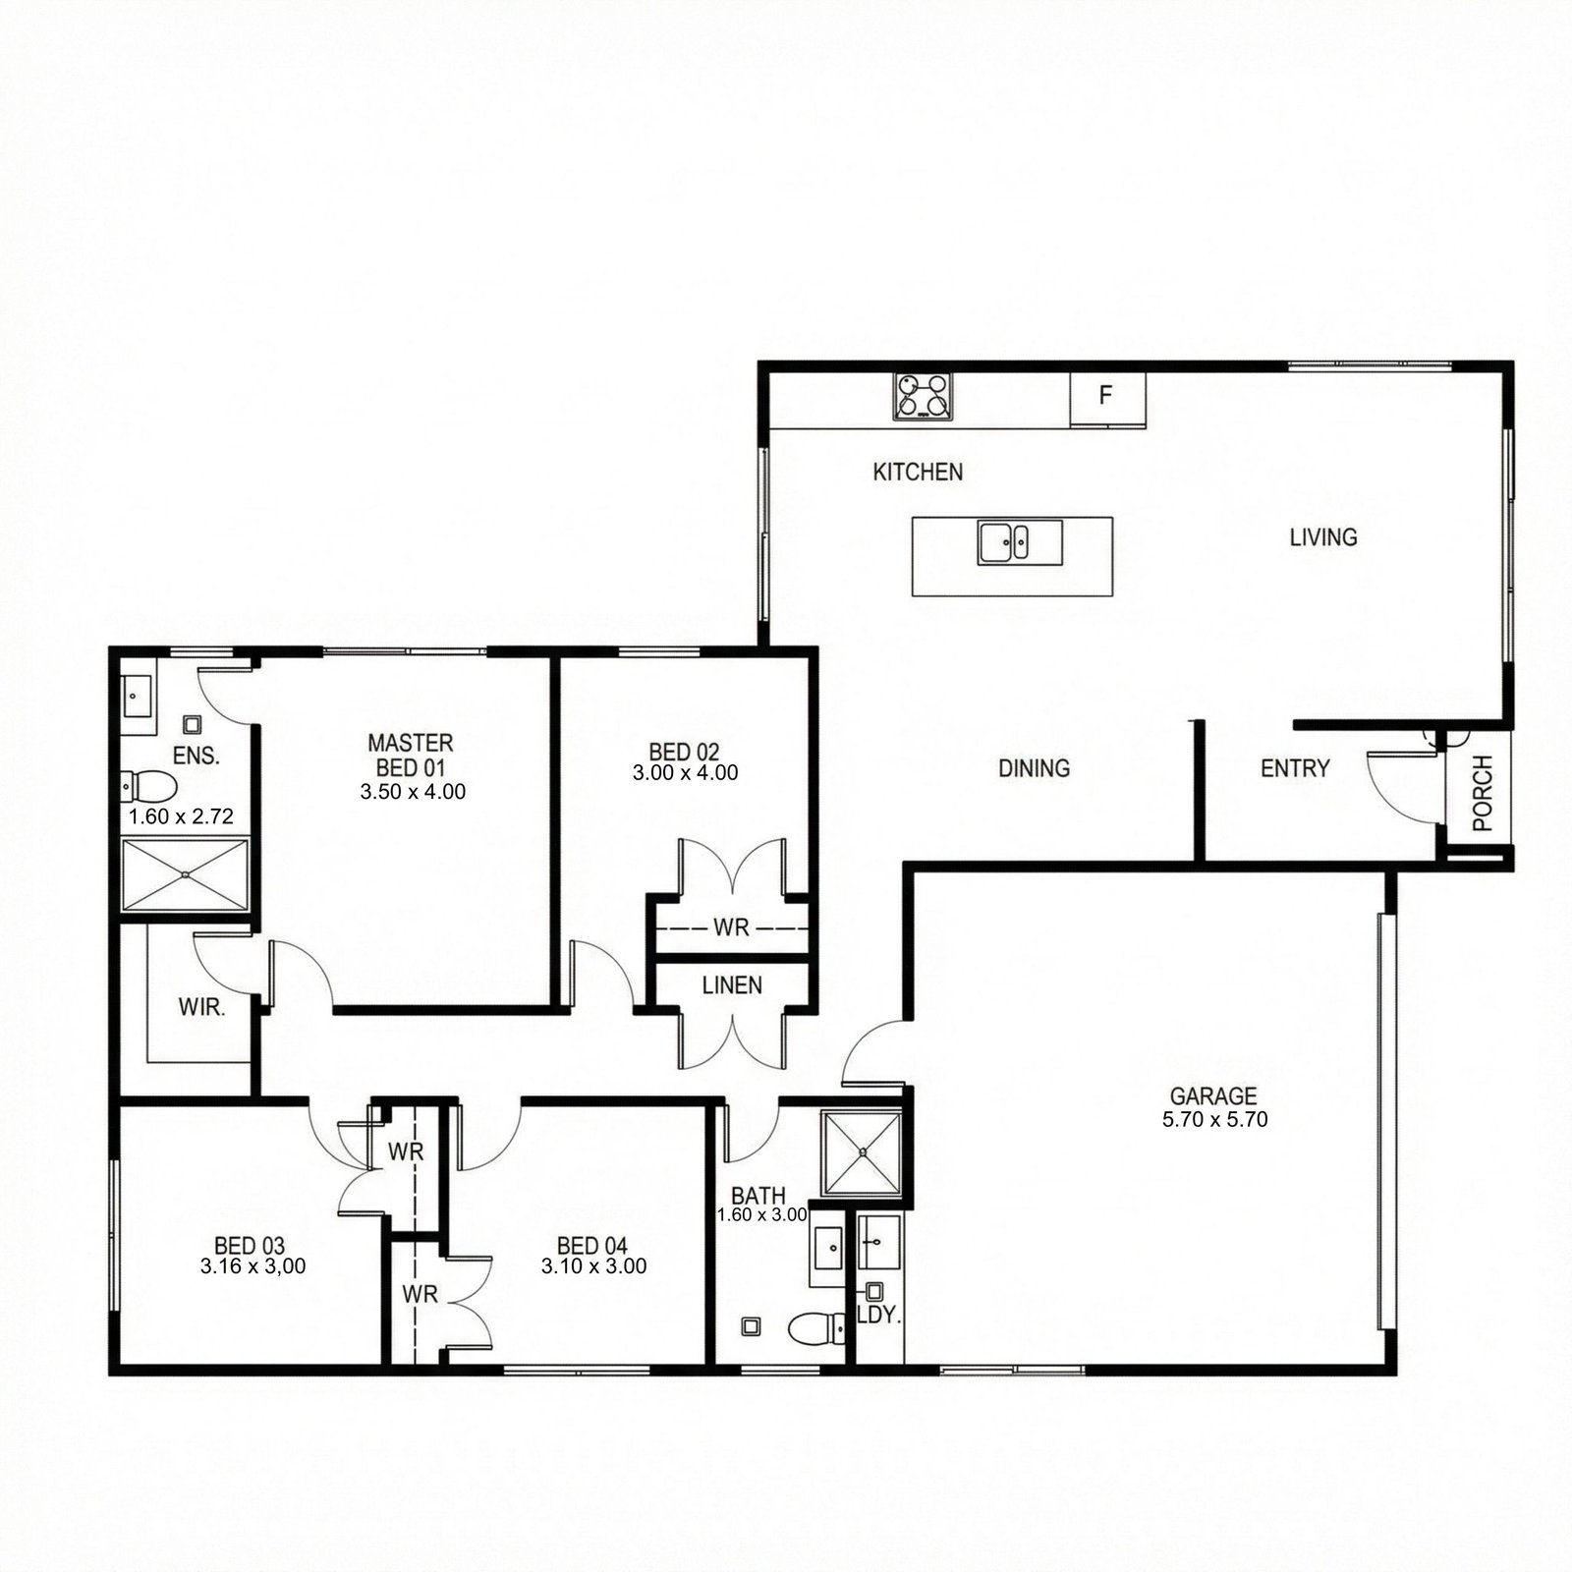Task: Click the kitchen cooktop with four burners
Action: click(x=924, y=397)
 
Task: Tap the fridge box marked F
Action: click(x=1107, y=399)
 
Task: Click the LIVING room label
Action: click(x=1323, y=537)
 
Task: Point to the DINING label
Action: click(x=1034, y=768)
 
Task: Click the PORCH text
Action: click(x=1483, y=793)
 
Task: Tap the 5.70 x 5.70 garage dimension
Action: click(x=1214, y=1119)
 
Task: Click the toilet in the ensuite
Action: click(x=148, y=786)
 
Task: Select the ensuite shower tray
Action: click(x=185, y=874)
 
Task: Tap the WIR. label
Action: click(x=202, y=1007)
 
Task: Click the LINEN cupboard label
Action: click(x=732, y=984)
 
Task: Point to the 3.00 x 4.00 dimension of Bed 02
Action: click(x=685, y=773)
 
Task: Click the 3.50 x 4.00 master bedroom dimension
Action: click(x=413, y=792)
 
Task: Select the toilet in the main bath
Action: click(x=817, y=1328)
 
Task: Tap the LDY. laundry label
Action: click(x=878, y=1315)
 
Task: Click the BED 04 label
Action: click(x=591, y=1248)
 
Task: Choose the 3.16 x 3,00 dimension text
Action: click(x=253, y=1266)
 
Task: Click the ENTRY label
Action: click(x=1295, y=768)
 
